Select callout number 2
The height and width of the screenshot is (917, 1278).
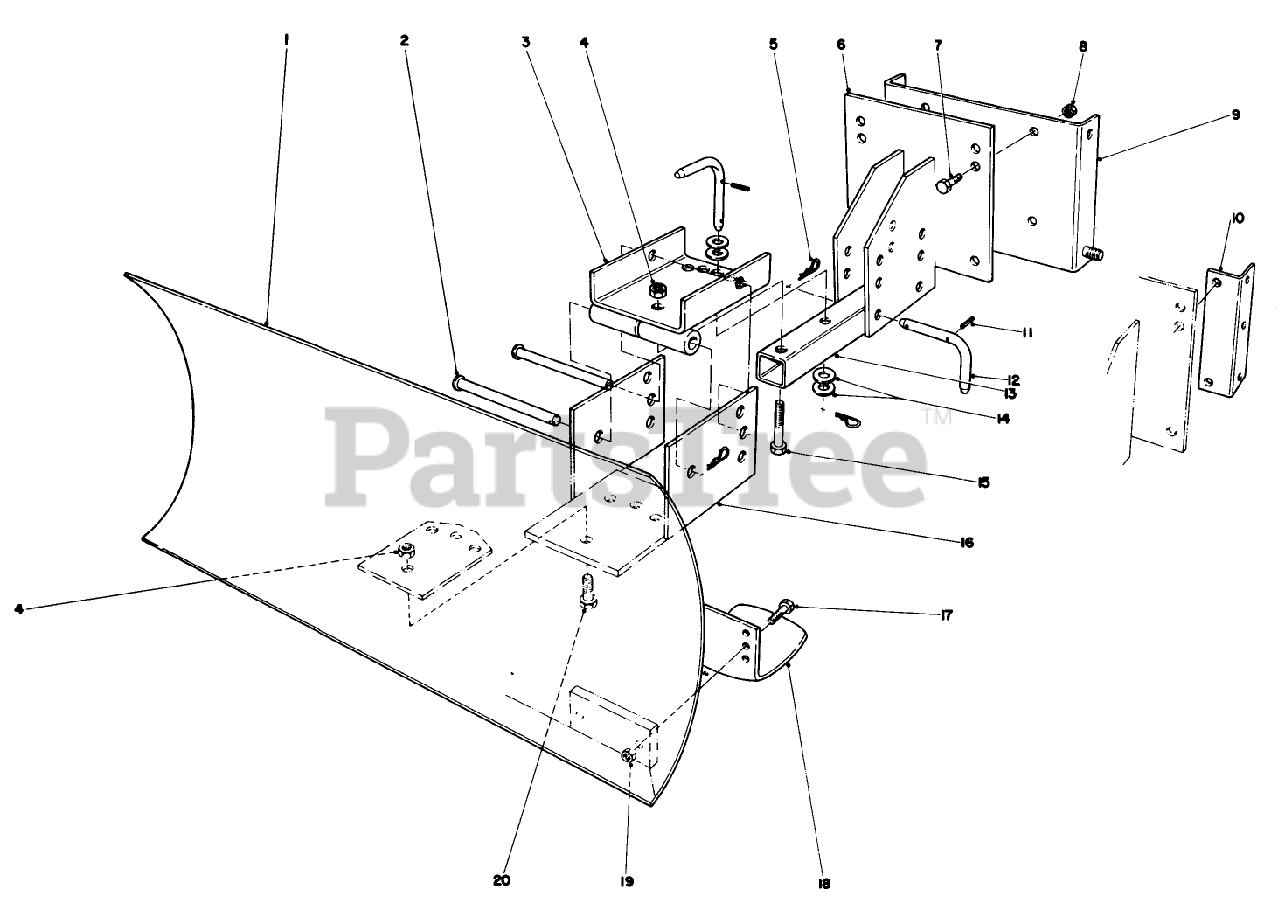pos(404,40)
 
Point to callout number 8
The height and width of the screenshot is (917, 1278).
pos(1083,46)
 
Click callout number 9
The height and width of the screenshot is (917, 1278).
pos(1235,115)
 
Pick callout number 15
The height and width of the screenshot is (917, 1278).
pos(983,482)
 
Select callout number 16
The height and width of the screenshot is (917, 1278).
pos(965,543)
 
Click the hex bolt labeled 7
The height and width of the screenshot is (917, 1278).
pos(948,183)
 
